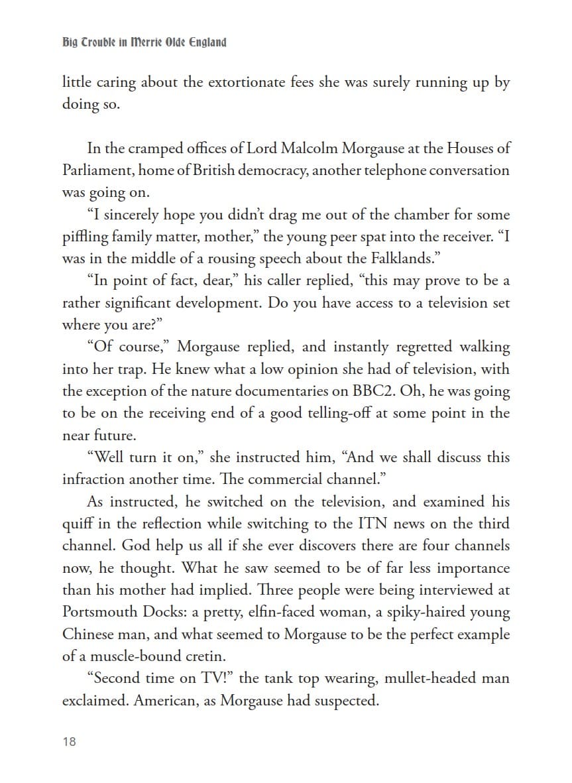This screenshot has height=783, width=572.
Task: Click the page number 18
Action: point(69,741)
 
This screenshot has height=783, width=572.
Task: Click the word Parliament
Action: point(97,170)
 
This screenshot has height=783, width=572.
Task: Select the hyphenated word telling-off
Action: point(327,413)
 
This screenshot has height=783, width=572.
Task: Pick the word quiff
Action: point(76,524)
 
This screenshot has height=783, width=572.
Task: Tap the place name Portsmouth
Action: point(102,612)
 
